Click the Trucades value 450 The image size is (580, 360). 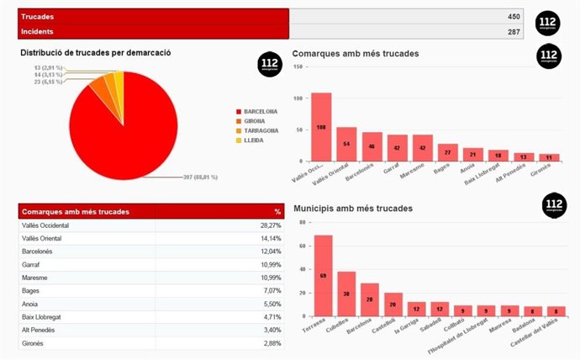(514, 17)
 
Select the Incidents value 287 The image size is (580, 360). (514, 32)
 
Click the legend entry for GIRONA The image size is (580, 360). (256, 121)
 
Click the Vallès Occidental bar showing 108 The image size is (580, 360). (322, 127)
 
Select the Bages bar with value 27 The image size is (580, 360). (448, 152)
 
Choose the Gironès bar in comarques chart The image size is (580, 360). (549, 157)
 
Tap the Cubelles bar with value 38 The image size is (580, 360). (346, 294)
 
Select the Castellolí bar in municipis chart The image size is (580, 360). (393, 304)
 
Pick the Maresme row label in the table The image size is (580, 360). (37, 278)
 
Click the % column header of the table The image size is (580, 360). (277, 211)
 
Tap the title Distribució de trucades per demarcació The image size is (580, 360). (96, 52)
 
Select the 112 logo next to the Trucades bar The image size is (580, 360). (547, 24)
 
